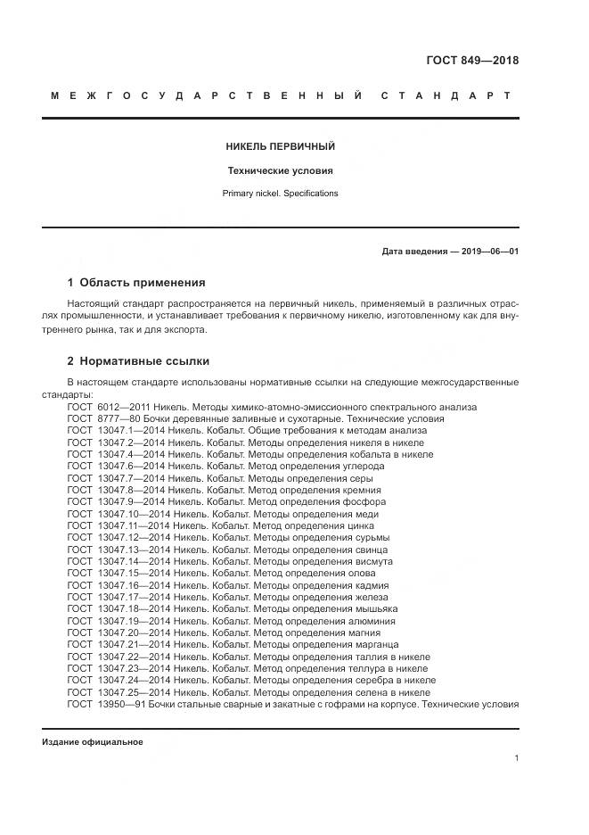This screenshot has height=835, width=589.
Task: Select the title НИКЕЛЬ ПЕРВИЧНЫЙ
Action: pyautogui.click(x=281, y=146)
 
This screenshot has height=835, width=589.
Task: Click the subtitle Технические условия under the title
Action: pyautogui.click(x=281, y=170)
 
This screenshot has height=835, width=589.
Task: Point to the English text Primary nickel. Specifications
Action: pyautogui.click(x=281, y=193)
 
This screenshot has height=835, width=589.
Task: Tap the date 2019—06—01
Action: pyautogui.click(x=489, y=252)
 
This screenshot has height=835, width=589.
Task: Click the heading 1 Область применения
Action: pyautogui.click(x=136, y=283)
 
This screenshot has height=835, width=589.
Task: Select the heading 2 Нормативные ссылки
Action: pyautogui.click(x=138, y=361)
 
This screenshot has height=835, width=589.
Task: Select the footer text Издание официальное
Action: pyautogui.click(x=92, y=742)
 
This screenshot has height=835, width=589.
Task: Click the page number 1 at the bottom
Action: pyautogui.click(x=516, y=758)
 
